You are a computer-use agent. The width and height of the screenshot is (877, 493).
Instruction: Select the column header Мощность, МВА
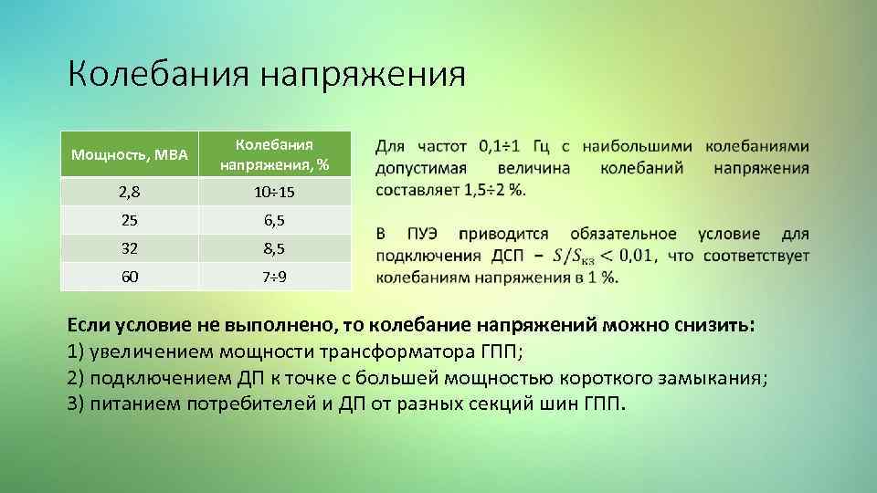click(130, 155)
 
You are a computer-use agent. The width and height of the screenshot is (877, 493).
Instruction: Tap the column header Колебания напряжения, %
click(274, 155)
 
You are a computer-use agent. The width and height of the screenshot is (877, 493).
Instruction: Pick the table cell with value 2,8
click(130, 193)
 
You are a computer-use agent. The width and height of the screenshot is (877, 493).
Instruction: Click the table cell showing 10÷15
click(274, 193)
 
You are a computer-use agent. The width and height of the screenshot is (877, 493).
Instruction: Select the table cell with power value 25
click(130, 220)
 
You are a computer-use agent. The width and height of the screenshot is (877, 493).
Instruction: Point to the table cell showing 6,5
click(274, 220)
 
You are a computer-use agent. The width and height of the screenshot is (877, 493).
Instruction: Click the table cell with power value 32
click(130, 247)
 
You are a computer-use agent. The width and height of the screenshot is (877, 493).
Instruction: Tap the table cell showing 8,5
click(274, 247)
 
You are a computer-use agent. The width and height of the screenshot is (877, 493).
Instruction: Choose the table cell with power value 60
click(130, 276)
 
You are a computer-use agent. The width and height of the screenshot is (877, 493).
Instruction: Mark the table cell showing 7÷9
click(274, 276)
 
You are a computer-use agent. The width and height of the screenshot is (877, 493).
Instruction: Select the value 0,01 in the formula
click(631, 257)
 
